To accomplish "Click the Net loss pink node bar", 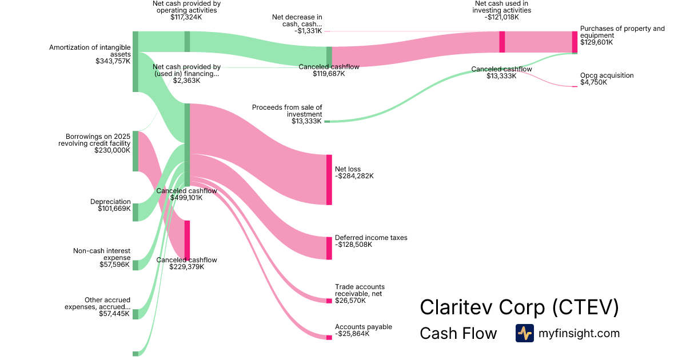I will pyautogui.click(x=329, y=179).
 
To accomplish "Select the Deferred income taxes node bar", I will pyautogui.click(x=329, y=248).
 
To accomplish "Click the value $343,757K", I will pyautogui.click(x=113, y=61).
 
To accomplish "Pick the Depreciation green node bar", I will pyautogui.click(x=135, y=212).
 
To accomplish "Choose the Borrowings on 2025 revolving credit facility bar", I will pyautogui.click(x=135, y=151).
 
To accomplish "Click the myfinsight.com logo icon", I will pyautogui.click(x=524, y=333).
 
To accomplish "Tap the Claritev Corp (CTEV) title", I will pyautogui.click(x=519, y=307).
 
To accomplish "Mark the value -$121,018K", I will pyautogui.click(x=502, y=17).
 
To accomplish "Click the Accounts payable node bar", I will pyautogui.click(x=329, y=337).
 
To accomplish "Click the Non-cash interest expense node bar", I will pyautogui.click(x=135, y=265).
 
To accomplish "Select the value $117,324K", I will pyautogui.click(x=186, y=17).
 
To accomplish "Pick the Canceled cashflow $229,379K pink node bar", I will pyautogui.click(x=187, y=240).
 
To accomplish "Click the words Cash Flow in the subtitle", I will pyautogui.click(x=458, y=334).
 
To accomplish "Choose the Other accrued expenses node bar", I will pyautogui.click(x=135, y=314).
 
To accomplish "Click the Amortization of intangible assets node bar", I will pyautogui.click(x=135, y=62).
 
